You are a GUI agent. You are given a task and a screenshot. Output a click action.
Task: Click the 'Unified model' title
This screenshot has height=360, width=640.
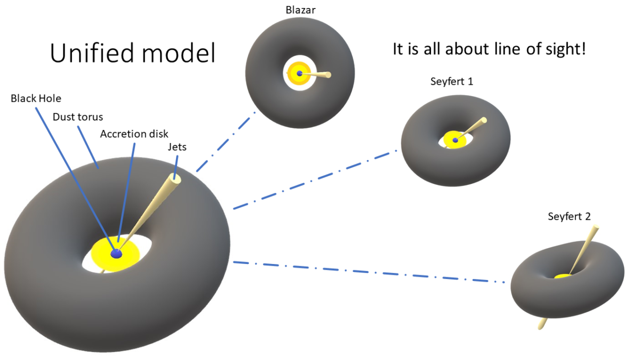click(x=133, y=53)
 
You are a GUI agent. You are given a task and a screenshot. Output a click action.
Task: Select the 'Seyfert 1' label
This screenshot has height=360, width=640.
click(x=451, y=82)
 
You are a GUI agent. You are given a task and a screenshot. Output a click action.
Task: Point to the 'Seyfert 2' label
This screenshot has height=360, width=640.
click(x=569, y=217)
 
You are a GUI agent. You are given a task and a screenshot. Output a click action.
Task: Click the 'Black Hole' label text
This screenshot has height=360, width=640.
click(x=36, y=98)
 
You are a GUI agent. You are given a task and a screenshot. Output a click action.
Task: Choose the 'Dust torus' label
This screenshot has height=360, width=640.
click(x=77, y=116)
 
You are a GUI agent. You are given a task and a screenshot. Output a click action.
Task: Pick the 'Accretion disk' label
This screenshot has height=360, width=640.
click(x=131, y=133)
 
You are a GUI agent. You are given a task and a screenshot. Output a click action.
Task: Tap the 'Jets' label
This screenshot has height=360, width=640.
click(x=177, y=147)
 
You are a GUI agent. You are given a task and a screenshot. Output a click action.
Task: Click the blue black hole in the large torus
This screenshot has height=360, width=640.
click(x=116, y=254)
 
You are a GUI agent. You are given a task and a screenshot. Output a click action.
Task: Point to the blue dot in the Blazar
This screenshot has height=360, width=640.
click(x=300, y=74)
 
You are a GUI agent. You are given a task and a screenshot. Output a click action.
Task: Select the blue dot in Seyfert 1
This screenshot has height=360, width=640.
click(x=455, y=140)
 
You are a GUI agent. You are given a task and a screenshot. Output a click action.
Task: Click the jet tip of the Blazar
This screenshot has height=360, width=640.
click(x=328, y=75)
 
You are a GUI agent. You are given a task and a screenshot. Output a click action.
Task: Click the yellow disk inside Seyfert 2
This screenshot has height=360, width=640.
click(x=562, y=276)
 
